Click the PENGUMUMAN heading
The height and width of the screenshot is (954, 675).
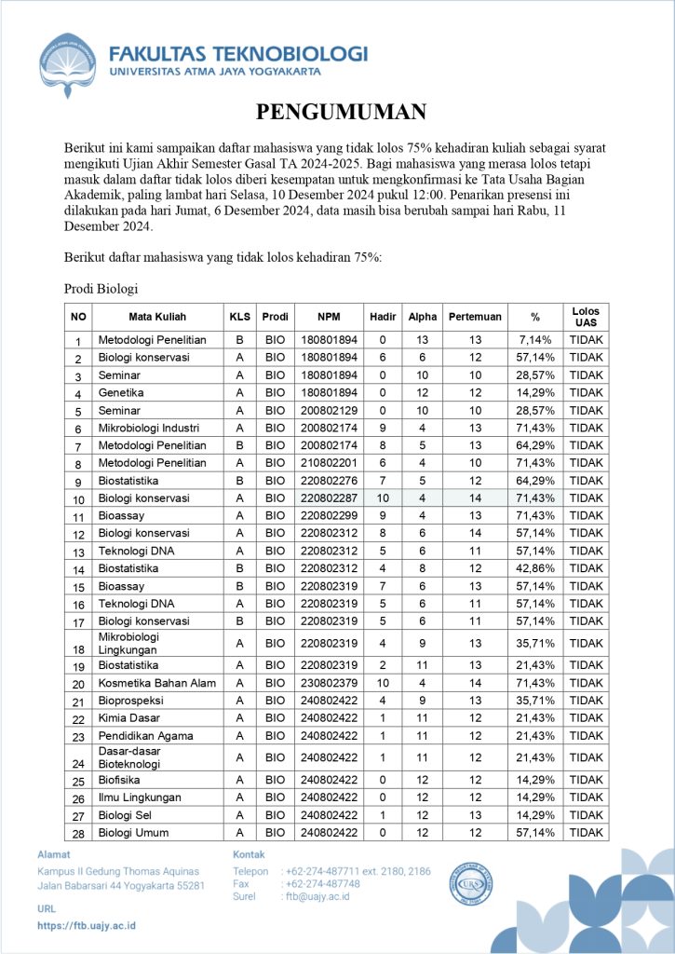coord(341,113)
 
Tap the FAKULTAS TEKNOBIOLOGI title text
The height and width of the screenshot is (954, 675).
coord(237,53)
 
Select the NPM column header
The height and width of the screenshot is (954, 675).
coord(328,317)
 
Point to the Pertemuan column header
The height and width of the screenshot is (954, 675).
coord(475,317)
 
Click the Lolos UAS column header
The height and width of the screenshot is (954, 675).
coord(586,317)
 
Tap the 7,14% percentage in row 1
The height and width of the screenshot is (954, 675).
coord(535,340)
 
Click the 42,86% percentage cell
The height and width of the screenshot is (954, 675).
coord(535,568)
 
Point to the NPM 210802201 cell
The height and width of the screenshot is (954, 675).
coord(328,463)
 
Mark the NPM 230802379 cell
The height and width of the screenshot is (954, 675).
coord(328,684)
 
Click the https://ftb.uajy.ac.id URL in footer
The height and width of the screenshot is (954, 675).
coord(87,925)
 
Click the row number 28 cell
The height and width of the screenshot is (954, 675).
coord(79,832)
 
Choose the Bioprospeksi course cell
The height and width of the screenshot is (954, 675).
coord(129,701)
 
